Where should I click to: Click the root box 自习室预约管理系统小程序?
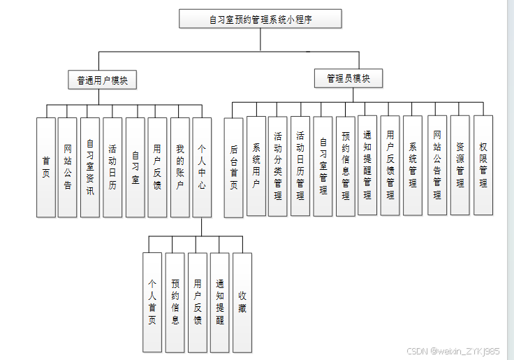(x=260, y=19)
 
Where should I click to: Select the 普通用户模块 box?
(x=102, y=80)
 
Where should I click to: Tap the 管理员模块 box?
(x=348, y=78)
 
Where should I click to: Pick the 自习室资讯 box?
(x=90, y=167)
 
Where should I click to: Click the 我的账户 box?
(x=179, y=167)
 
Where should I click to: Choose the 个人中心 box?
(x=202, y=167)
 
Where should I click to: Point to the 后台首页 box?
(x=233, y=168)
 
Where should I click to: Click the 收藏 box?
(x=242, y=302)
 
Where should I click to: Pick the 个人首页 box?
(x=152, y=302)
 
